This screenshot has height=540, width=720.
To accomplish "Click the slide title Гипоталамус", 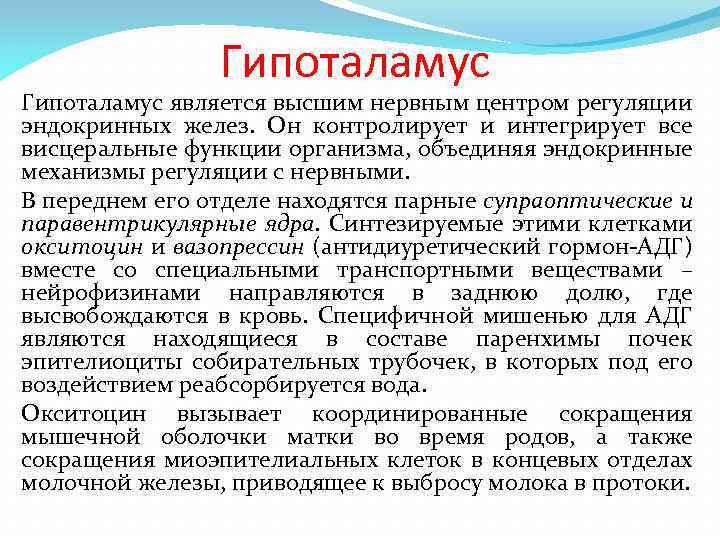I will point(355,62).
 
